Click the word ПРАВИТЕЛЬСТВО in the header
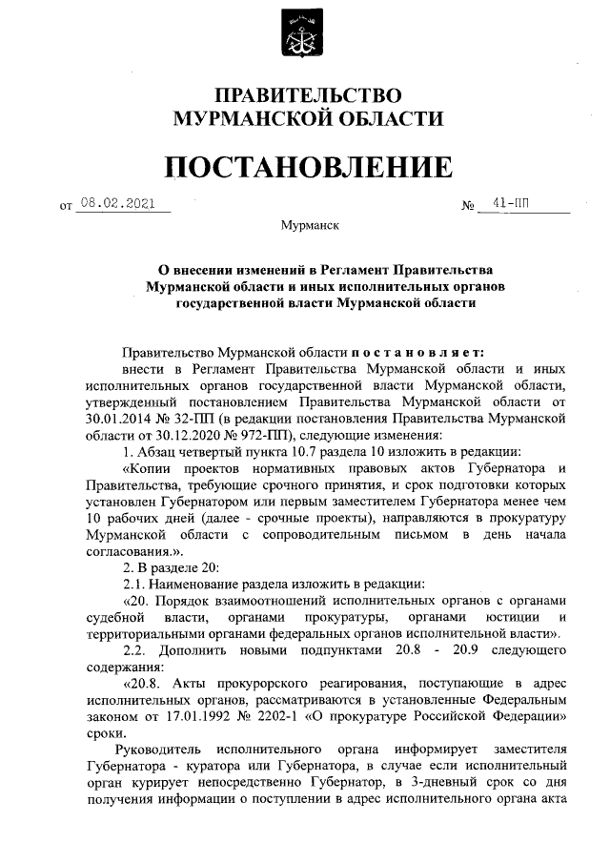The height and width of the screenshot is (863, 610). tap(306, 95)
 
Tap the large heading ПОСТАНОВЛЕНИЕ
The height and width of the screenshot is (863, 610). tap(305, 168)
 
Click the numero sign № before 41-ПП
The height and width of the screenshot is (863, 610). tap(467, 206)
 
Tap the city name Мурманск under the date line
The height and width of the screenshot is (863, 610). tap(305, 226)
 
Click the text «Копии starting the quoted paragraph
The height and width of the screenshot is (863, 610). tap(152, 467)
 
